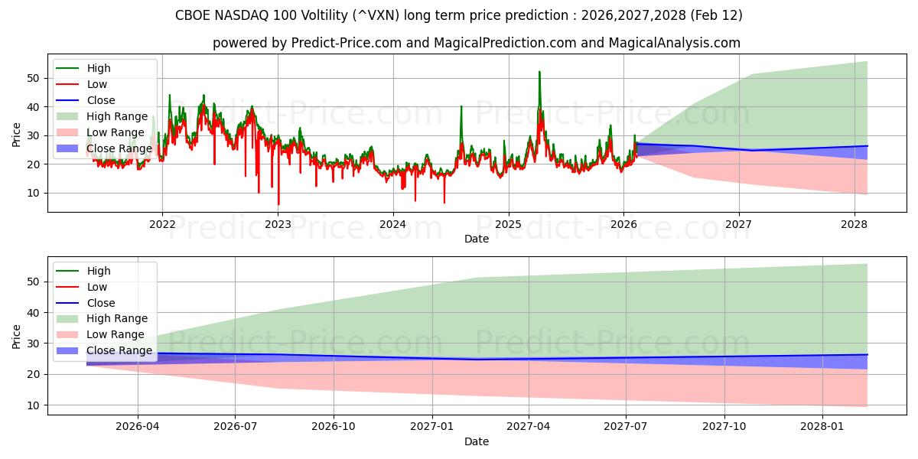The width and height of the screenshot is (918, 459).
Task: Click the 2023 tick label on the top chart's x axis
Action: [x=278, y=224]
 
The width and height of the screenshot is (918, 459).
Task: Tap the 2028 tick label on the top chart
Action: [x=855, y=224]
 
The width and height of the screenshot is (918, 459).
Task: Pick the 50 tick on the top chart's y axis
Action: [x=34, y=78]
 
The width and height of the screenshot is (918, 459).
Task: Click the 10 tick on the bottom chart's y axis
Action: [x=34, y=405]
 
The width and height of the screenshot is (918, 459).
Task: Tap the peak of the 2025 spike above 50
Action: [x=539, y=72]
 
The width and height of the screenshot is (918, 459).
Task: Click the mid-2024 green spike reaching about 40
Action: [x=461, y=106]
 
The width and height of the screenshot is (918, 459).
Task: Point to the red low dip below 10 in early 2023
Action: [x=278, y=204]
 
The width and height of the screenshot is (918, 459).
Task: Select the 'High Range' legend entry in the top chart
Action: [x=117, y=116]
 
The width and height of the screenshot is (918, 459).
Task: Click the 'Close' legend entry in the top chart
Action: [x=101, y=100]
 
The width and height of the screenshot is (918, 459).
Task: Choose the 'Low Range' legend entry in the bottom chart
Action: [x=116, y=335]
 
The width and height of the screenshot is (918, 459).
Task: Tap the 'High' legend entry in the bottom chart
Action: [x=99, y=271]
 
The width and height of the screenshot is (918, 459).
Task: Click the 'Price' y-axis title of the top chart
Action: [x=17, y=135]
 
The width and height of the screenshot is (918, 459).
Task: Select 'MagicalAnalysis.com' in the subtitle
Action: [x=674, y=43]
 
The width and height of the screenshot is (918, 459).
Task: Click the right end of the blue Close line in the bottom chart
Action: [x=867, y=354]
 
